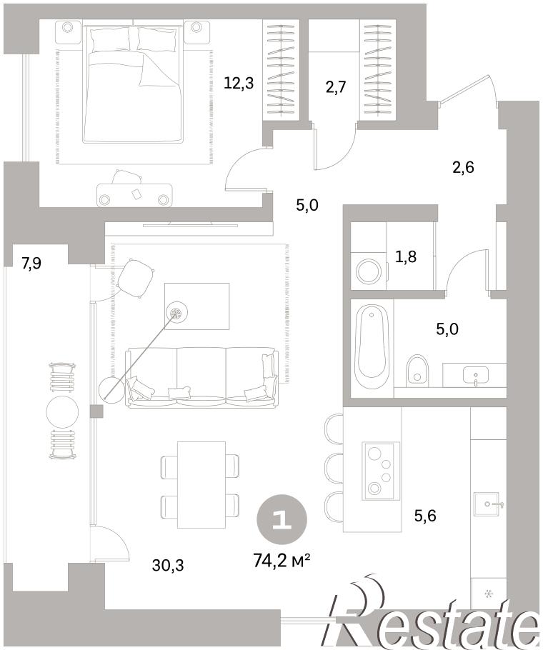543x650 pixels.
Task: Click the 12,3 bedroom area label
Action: tap(239, 84)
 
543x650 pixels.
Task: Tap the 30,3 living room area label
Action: tap(167, 564)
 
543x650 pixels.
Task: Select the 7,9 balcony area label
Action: tap(31, 263)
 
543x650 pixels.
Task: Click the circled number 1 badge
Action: tap(282, 519)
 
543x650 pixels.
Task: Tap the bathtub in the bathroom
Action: tap(372, 346)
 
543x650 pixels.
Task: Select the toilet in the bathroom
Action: tap(417, 369)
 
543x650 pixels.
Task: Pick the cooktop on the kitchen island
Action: tap(381, 471)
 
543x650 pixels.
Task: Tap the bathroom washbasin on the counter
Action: tap(475, 376)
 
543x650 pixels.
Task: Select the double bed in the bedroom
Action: tap(133, 84)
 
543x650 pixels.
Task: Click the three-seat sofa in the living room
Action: tap(201, 376)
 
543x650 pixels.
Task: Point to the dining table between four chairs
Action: tap(201, 484)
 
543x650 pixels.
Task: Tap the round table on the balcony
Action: tap(62, 411)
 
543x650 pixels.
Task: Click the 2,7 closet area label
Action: tap(335, 87)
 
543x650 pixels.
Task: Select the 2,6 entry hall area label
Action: tap(463, 167)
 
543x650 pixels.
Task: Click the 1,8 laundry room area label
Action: tap(406, 257)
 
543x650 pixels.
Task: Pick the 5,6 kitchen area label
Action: tap(425, 516)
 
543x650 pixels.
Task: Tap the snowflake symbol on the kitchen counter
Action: tap(489, 594)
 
